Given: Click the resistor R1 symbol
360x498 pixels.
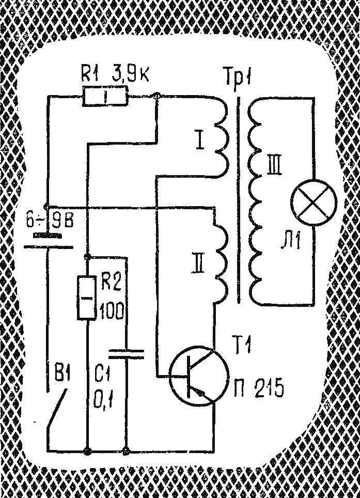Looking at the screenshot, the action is coord(105,96).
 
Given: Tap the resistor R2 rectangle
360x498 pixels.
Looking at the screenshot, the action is coord(87,297).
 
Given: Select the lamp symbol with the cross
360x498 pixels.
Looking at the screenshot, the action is coord(314,203).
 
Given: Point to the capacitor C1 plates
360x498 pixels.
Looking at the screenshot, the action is coord(127,354).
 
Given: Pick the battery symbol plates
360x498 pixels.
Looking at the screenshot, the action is coord(48,241).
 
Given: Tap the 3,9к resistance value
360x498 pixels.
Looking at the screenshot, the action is coord(130,76).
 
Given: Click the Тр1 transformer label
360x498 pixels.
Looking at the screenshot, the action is coord(238,77).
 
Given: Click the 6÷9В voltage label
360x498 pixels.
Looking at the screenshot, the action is coord(49,220).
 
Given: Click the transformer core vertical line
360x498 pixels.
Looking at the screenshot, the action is coord(239,200).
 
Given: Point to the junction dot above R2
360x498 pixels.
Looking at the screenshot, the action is coord(88,256).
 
